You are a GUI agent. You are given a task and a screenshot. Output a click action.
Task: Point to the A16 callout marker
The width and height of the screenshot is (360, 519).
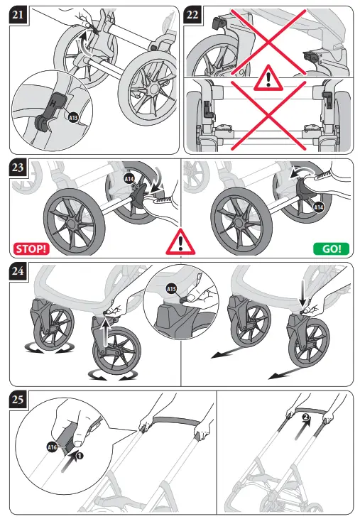(x=51, y=447)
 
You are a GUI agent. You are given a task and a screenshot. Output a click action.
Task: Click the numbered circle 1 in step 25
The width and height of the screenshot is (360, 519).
(x=80, y=456)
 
